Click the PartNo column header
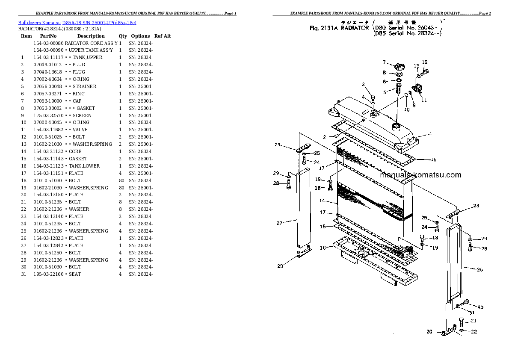[48, 36]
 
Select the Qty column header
[123, 36]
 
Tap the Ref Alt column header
[163, 36]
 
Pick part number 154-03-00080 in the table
[48, 43]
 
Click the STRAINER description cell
[84, 86]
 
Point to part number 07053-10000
[48, 101]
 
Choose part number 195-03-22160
[48, 274]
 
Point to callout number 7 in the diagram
[384, 62]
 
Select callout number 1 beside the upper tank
[431, 133]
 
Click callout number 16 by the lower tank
[323, 248]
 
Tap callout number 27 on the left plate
[280, 223]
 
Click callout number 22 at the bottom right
[473, 331]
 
